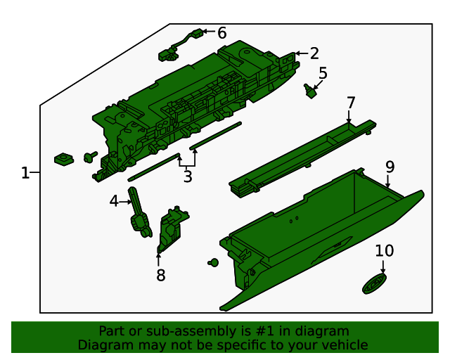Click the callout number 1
25,173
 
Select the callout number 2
314,53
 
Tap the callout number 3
187,177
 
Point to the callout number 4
115,202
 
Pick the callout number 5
323,73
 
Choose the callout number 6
221,32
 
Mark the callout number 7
351,103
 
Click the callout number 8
161,275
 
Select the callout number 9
390,167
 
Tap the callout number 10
384,251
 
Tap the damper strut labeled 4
139,213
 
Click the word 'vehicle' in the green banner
344,345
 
